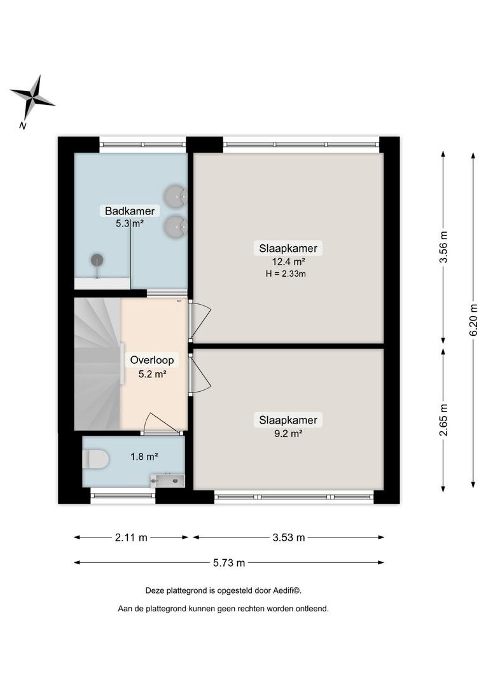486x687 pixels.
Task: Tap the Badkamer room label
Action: (x=130, y=211)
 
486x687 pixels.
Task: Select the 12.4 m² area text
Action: (x=288, y=262)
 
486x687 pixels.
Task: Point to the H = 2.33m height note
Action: (x=286, y=274)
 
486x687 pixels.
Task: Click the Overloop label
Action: (x=152, y=360)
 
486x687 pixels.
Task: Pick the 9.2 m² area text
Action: (x=288, y=434)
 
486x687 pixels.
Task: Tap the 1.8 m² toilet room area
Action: (x=144, y=457)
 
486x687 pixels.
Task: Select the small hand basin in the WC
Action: (x=167, y=481)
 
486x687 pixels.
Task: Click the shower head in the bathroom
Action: (x=97, y=260)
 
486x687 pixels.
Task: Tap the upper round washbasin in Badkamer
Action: (x=176, y=196)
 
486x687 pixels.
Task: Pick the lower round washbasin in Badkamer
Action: (x=176, y=226)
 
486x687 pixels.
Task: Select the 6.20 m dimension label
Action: (x=473, y=320)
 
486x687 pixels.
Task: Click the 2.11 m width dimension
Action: (x=131, y=538)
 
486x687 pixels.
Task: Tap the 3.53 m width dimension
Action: (x=288, y=538)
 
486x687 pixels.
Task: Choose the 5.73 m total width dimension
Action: (x=229, y=563)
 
